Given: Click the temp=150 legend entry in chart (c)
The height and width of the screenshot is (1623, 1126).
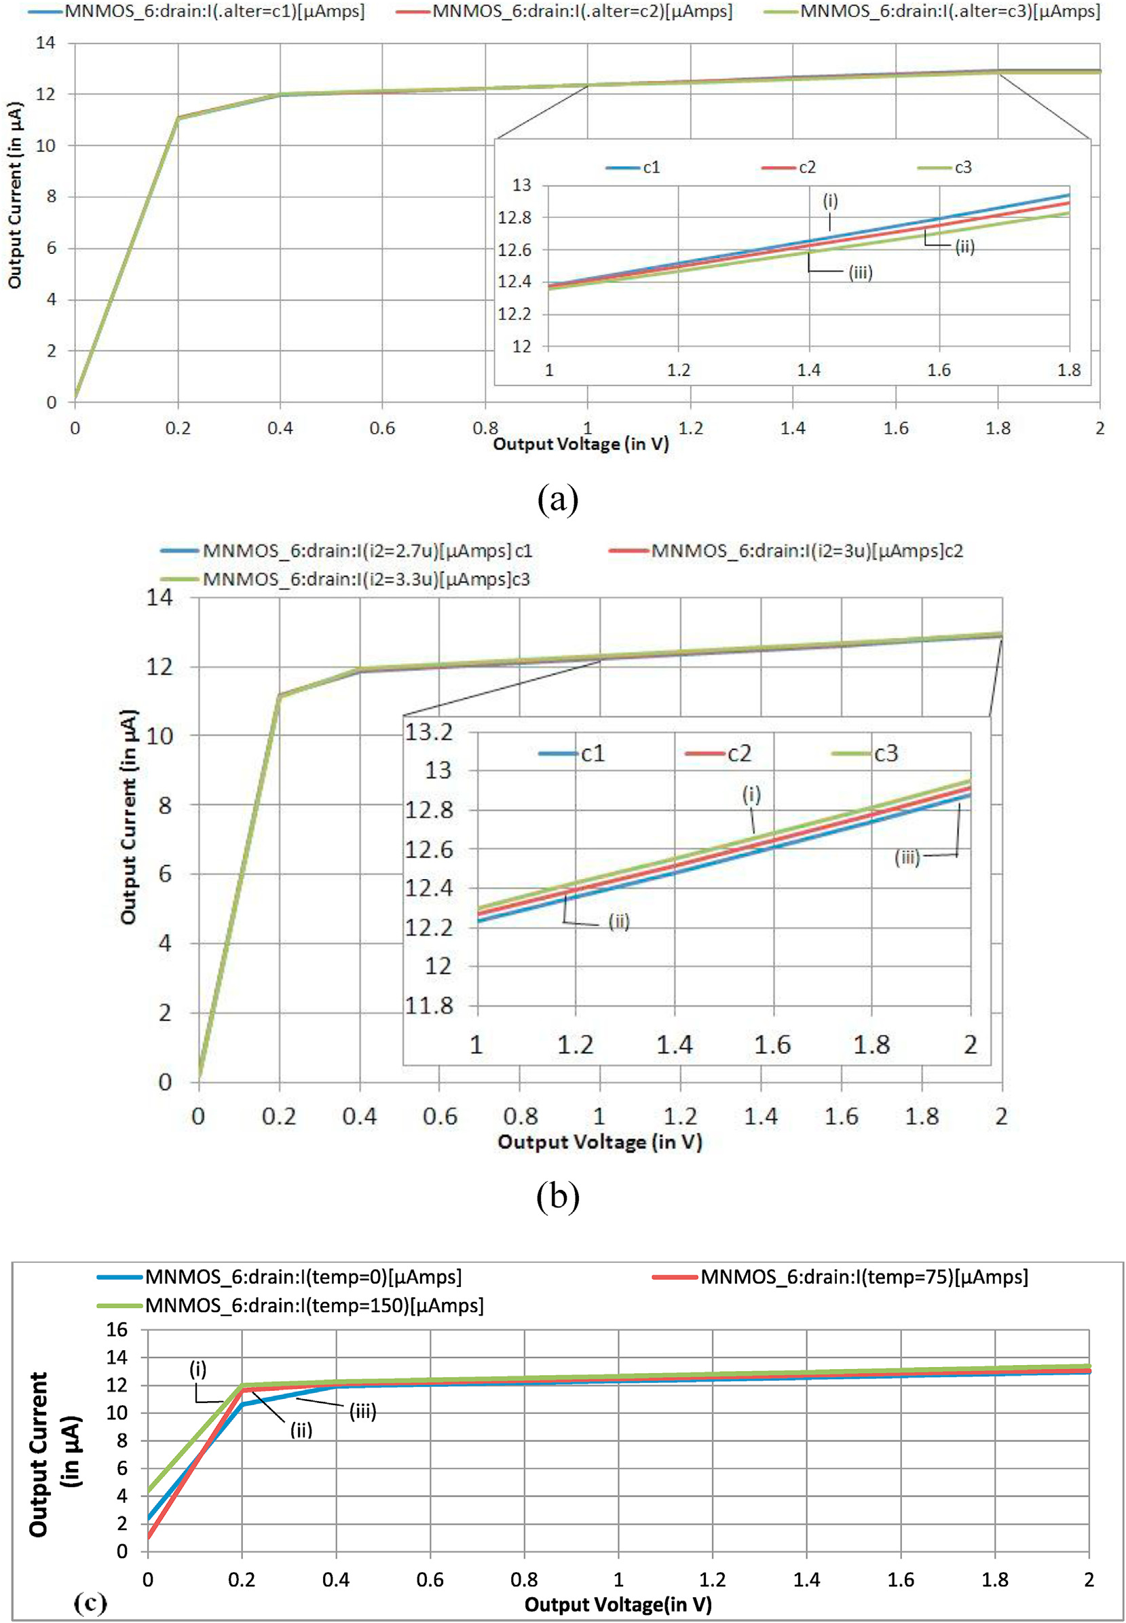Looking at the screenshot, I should (x=314, y=1306).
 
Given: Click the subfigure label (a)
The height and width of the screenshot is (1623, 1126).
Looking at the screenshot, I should (x=557, y=500).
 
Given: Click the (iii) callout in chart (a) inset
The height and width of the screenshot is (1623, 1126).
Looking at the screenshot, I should (x=860, y=272).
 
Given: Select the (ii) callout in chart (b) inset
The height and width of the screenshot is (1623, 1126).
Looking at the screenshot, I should (x=619, y=922).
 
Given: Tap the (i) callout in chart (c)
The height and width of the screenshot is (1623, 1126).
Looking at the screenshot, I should (x=198, y=1369).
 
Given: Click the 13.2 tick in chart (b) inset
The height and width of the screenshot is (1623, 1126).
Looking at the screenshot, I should (x=428, y=732).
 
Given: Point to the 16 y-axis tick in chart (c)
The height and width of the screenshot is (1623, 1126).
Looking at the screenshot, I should (x=117, y=1330).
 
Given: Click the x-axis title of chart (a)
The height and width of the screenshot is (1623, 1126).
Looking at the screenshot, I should (x=580, y=444).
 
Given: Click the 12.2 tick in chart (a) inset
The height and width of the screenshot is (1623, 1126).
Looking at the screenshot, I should (x=514, y=314).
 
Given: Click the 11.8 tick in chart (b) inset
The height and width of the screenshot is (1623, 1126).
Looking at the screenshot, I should (x=428, y=1005).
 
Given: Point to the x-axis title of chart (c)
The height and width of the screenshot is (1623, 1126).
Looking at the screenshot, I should (x=618, y=1605).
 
